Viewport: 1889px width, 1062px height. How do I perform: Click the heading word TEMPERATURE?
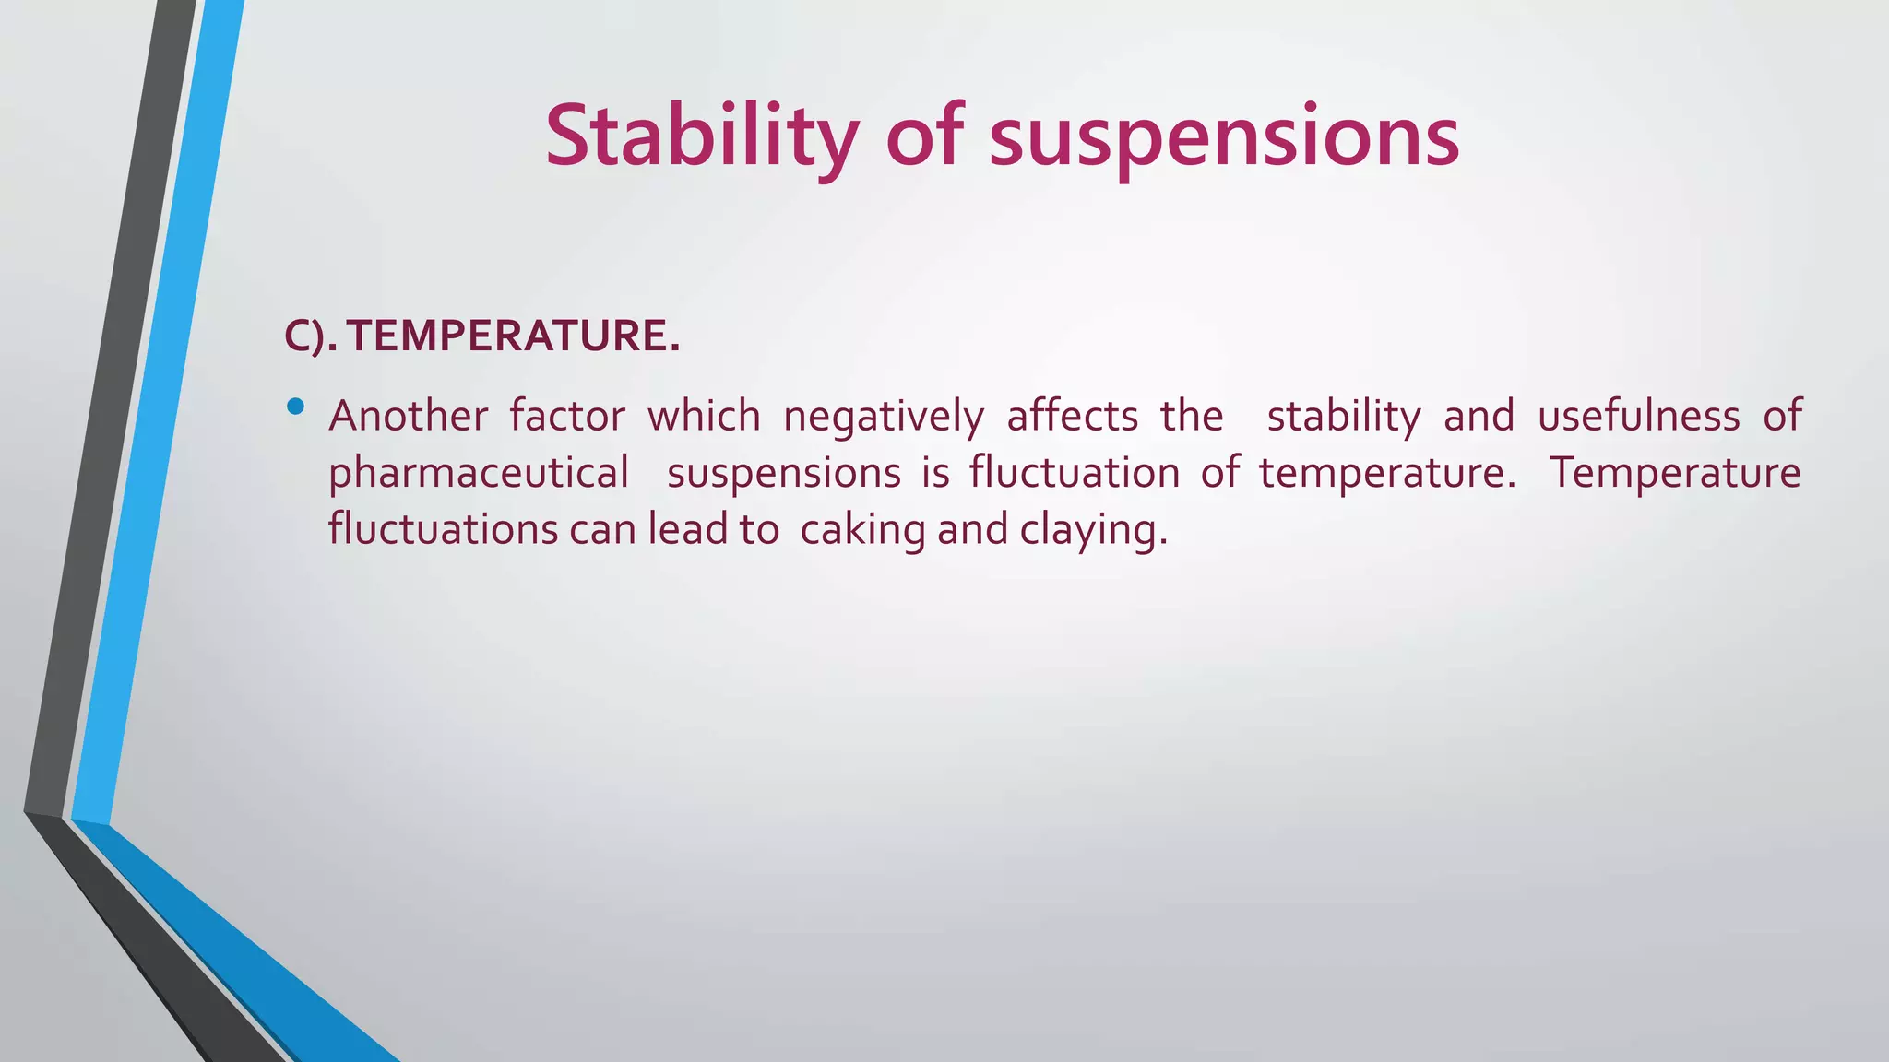[x=514, y=336]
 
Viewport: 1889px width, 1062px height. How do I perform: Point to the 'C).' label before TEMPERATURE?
[x=311, y=336]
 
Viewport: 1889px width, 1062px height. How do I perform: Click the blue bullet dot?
[x=295, y=406]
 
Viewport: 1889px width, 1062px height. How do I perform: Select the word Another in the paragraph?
[x=408, y=416]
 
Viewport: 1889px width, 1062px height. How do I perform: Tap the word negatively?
[x=883, y=416]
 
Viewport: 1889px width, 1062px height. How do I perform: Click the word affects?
[x=1072, y=416]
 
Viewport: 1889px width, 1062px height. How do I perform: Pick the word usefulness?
[x=1638, y=416]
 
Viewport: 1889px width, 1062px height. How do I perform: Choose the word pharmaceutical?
[x=479, y=473]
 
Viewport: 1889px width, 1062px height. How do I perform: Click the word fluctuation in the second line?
[x=1074, y=473]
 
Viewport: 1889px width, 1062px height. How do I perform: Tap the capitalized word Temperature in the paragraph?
[x=1674, y=473]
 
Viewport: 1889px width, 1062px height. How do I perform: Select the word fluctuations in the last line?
[x=443, y=529]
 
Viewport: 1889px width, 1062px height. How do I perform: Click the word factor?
[x=567, y=416]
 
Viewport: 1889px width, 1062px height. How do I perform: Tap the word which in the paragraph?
[x=704, y=416]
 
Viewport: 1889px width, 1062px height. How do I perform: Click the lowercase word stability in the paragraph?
[x=1344, y=416]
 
